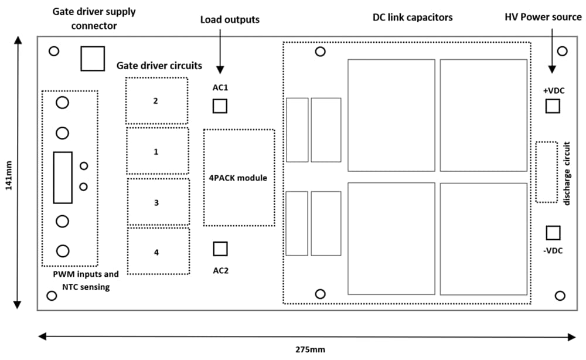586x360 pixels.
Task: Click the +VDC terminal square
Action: point(553,106)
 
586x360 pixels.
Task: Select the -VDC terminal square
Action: point(553,233)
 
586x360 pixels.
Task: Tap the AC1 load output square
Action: point(220,106)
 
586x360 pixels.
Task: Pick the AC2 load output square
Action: point(220,249)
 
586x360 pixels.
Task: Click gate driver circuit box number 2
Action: point(156,100)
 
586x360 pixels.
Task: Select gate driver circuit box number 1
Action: point(157,151)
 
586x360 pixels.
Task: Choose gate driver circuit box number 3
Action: point(158,202)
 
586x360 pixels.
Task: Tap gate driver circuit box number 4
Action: point(158,252)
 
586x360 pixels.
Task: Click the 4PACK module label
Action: point(238,178)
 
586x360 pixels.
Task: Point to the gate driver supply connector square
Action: point(93,58)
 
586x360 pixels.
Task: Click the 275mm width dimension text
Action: point(310,350)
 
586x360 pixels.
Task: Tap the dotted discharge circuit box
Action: point(546,172)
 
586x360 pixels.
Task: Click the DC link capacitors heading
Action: point(413,18)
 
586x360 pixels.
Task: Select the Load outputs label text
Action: point(230,19)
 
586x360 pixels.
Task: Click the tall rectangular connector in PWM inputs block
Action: point(63,178)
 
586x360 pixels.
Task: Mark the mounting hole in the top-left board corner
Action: point(54,51)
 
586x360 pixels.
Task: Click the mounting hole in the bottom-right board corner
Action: point(560,295)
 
